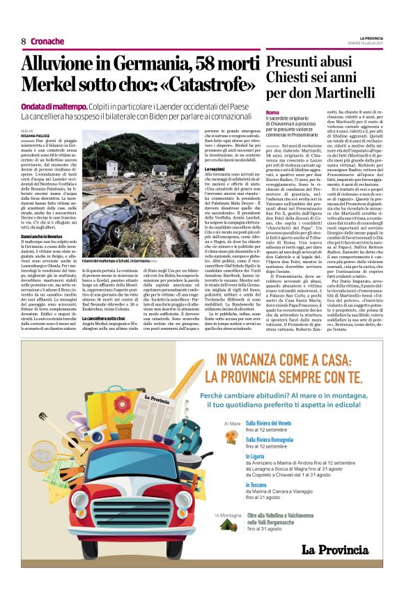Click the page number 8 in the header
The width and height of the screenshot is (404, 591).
click(23, 41)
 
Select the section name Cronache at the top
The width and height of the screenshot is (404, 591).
click(47, 41)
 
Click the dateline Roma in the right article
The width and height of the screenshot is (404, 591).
click(272, 112)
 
